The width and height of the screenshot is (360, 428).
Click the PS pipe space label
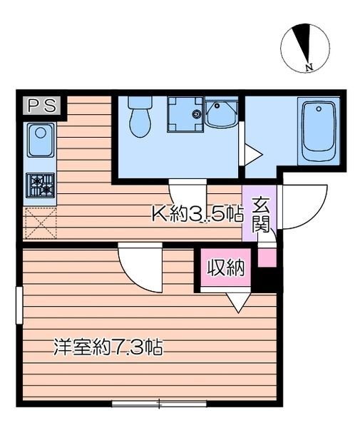42,105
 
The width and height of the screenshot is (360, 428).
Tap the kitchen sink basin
41,140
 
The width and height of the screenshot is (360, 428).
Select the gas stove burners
41,185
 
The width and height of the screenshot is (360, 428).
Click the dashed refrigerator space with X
41,223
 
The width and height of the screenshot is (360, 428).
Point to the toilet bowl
140,118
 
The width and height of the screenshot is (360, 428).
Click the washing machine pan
186,115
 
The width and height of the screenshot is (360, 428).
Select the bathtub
319,131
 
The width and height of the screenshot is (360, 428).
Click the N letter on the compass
309,66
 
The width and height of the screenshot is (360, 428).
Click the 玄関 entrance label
262,214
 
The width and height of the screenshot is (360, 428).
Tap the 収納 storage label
225,267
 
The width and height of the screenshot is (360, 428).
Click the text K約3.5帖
197,213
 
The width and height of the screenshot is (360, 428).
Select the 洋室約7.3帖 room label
108,347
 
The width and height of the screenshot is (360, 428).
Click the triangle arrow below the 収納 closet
238,302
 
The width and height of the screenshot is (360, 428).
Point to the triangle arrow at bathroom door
253,155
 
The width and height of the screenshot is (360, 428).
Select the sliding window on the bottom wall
159,403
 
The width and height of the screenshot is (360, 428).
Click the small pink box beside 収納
267,258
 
